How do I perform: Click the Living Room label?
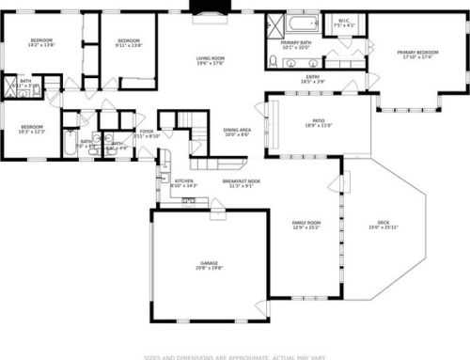211,61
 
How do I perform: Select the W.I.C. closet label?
344,24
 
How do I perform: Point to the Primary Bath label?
296,45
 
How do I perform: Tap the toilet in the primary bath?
273,62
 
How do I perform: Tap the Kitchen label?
184,182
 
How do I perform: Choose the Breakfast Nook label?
242,182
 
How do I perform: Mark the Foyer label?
147,133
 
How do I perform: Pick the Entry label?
312,80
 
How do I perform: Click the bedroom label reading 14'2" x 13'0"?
41,42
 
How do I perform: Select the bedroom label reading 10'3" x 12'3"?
33,129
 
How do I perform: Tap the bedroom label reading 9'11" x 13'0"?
128,42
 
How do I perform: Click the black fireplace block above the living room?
203,8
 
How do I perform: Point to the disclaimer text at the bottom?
235,355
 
